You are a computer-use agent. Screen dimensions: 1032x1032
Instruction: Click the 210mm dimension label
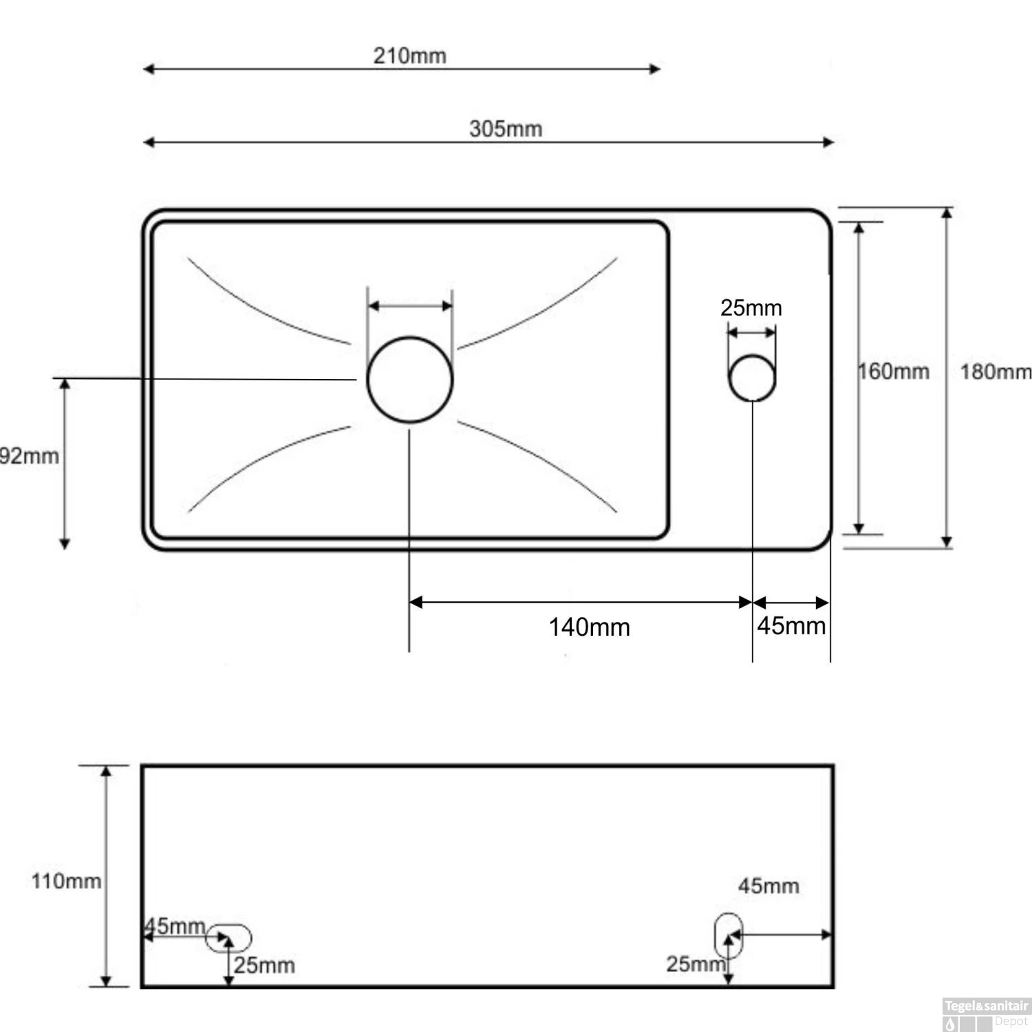pyautogui.click(x=409, y=55)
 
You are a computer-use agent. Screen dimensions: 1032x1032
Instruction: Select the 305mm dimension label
pyautogui.click(x=506, y=129)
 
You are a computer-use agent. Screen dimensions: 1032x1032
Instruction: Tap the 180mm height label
pyautogui.click(x=996, y=372)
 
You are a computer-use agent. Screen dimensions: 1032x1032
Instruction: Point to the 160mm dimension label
pyautogui.click(x=894, y=372)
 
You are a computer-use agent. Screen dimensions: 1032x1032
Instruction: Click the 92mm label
pyautogui.click(x=29, y=456)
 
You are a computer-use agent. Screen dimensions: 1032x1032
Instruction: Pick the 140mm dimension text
pyautogui.click(x=589, y=627)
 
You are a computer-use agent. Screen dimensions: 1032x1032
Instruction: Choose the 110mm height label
pyautogui.click(x=66, y=881)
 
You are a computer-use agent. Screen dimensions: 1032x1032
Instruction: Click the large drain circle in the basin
pyautogui.click(x=410, y=379)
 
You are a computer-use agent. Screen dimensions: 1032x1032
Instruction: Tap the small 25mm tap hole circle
pyautogui.click(x=753, y=378)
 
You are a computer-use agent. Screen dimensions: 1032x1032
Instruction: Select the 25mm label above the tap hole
pyautogui.click(x=751, y=308)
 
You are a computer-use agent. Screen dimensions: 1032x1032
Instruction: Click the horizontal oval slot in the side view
pyautogui.click(x=229, y=938)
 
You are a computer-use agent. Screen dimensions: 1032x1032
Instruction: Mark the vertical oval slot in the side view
pyautogui.click(x=729, y=936)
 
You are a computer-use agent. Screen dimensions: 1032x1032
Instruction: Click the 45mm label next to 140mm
pyautogui.click(x=791, y=625)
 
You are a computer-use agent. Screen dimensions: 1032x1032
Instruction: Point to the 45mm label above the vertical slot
pyautogui.click(x=768, y=885)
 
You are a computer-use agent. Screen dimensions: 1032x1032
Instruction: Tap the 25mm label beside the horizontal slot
pyautogui.click(x=264, y=965)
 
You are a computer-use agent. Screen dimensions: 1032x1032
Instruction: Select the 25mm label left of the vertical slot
pyautogui.click(x=695, y=964)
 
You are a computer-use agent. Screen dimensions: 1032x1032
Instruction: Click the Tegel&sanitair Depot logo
pyautogui.click(x=986, y=1014)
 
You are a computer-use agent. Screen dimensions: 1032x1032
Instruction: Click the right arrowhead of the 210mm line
pyautogui.click(x=655, y=69)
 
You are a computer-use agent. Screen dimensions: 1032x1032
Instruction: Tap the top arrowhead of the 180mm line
pyautogui.click(x=947, y=213)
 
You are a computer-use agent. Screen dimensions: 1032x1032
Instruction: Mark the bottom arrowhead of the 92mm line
pyautogui.click(x=65, y=544)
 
